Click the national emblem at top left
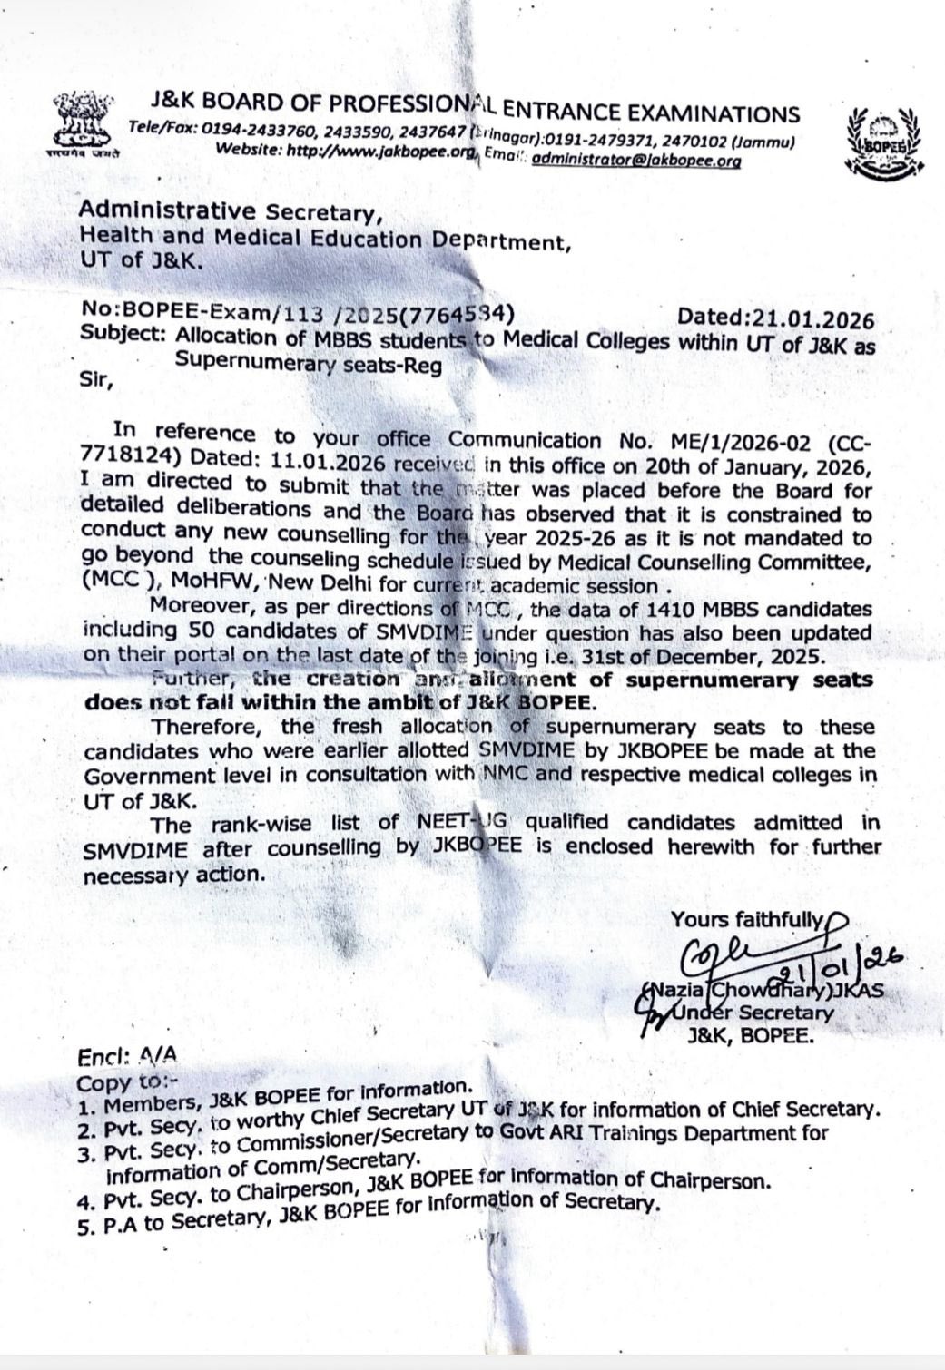coord(79,122)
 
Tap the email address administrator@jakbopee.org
coord(635,160)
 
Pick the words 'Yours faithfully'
coord(747,919)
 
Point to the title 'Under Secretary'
coord(759,1012)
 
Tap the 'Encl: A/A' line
coord(127,1055)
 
